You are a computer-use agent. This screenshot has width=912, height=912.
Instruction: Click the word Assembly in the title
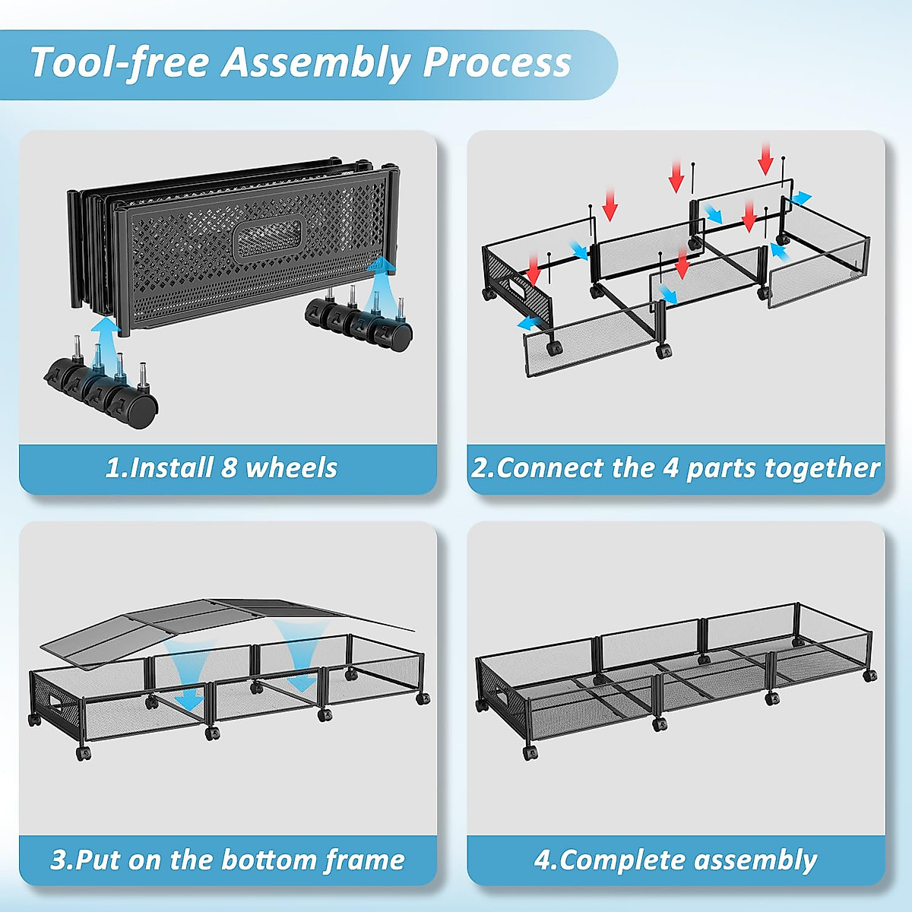tap(315, 62)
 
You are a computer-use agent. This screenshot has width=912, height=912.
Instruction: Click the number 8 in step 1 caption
tap(229, 468)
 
